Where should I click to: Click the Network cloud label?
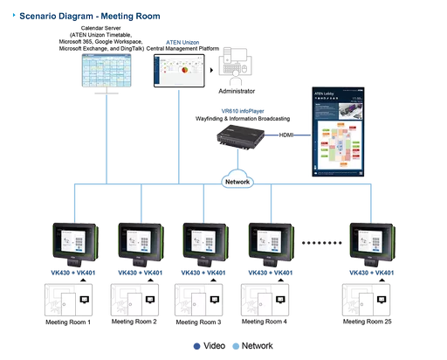point(237,182)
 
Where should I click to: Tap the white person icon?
point(235,79)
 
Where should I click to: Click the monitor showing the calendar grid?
point(104,69)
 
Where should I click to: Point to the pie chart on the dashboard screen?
point(183,66)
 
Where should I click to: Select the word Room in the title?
point(144,17)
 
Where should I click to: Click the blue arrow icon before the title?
point(12,17)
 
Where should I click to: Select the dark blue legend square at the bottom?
point(196,342)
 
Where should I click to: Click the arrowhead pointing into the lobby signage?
point(306,135)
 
